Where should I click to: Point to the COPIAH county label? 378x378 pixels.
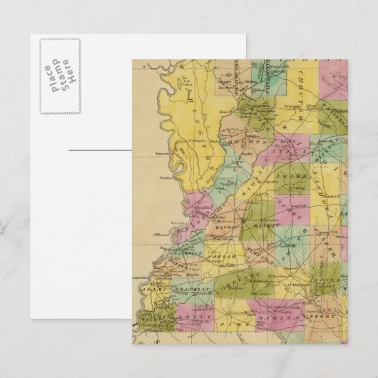coord(229,254)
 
